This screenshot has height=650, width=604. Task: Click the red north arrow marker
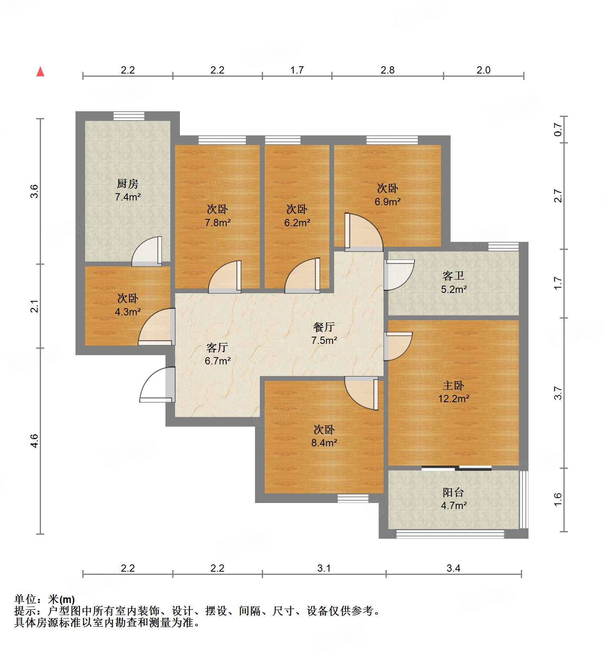40,72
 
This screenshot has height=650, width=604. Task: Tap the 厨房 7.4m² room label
128,190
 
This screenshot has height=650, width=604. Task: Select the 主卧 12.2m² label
453,392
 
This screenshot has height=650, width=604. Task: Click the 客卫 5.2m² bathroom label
453,282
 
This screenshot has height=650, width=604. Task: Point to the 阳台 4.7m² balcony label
453,499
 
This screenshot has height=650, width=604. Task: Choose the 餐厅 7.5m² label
324,334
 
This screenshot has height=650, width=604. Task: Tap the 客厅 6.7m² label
217,354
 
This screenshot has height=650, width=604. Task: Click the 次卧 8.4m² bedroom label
324,436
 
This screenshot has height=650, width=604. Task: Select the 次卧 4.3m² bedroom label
128,305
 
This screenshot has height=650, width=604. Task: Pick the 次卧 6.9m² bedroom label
387,195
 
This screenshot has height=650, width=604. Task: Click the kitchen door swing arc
147,251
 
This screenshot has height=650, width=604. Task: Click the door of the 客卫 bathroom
398,275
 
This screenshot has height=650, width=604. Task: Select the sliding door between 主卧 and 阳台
457,468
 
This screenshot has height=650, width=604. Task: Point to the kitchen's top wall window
129,116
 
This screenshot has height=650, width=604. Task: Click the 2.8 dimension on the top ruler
387,70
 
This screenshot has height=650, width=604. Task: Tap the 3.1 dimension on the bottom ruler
324,568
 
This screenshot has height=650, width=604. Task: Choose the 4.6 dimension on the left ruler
35,441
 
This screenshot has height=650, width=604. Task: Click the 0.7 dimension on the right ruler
558,129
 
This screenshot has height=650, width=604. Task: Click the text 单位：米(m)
45,599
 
